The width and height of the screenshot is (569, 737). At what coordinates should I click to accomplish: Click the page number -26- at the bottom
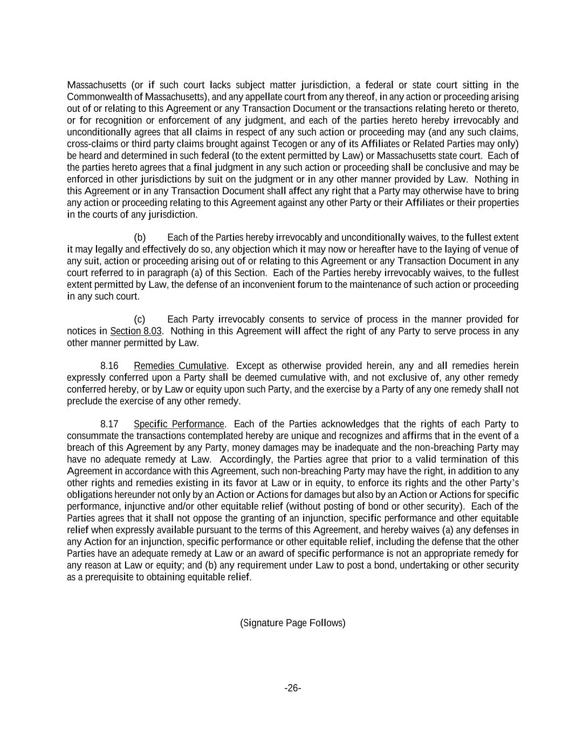[292, 688]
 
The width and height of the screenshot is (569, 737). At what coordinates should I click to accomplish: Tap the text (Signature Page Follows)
[292, 623]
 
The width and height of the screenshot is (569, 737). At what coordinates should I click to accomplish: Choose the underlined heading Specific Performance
[179, 424]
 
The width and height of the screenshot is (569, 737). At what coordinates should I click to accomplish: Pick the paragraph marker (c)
[140, 319]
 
